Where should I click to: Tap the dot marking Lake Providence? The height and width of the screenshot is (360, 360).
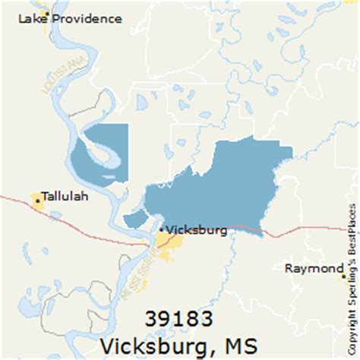(x=47, y=15)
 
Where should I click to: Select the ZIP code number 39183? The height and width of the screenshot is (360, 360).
(x=175, y=317)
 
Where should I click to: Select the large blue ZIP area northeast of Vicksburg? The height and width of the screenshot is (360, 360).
(x=220, y=178)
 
